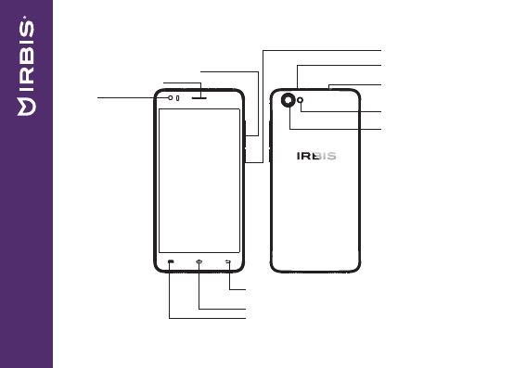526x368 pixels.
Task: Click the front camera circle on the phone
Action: (171, 97)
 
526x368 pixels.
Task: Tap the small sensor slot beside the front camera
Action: (177, 98)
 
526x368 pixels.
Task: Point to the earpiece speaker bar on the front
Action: (199, 98)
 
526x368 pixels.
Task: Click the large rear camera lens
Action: (288, 100)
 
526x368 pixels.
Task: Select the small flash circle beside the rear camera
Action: (301, 100)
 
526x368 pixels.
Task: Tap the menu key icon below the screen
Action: (171, 261)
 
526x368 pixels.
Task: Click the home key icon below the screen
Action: (199, 261)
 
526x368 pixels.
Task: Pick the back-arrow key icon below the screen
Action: (228, 261)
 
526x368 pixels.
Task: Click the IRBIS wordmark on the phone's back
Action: (316, 156)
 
